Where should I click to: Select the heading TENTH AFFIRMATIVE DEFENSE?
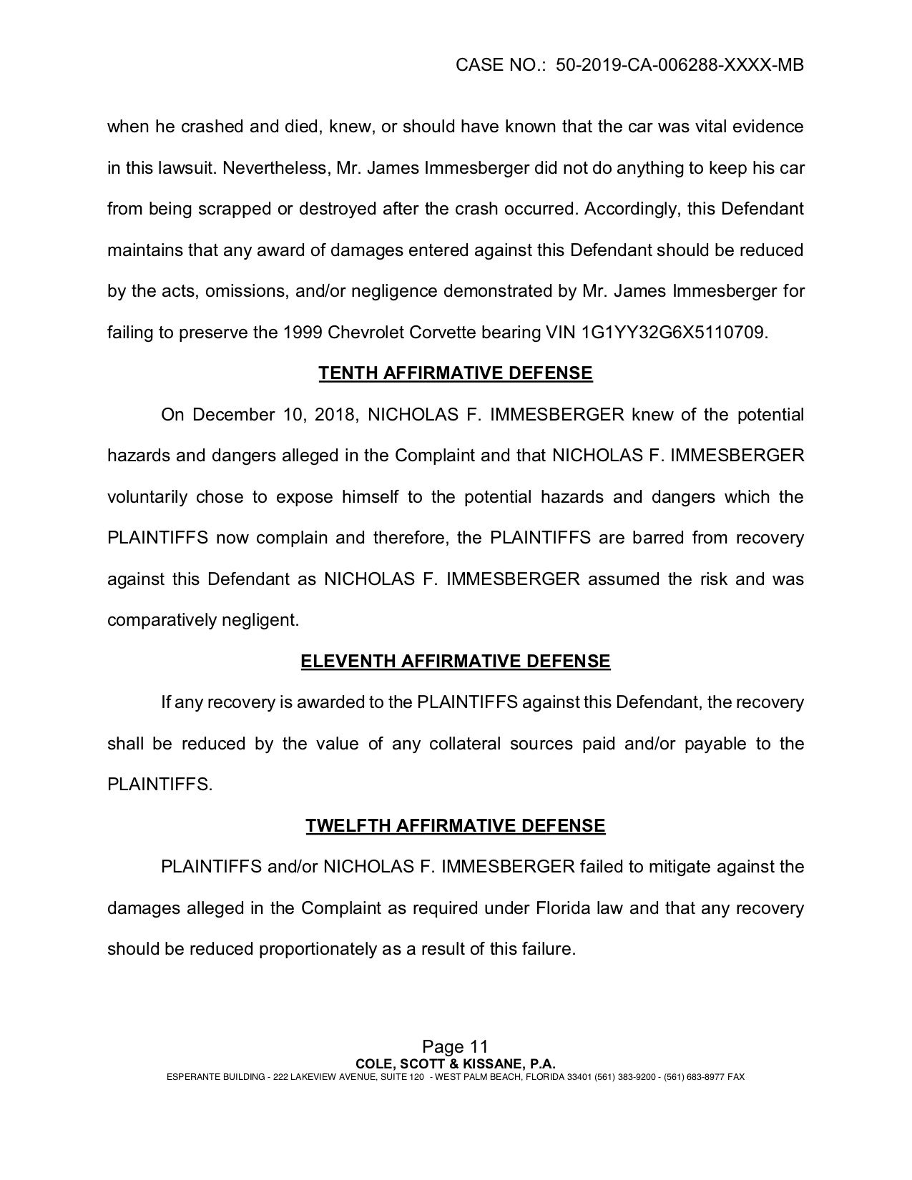[x=456, y=373]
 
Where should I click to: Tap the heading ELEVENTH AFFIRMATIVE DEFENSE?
[x=456, y=661]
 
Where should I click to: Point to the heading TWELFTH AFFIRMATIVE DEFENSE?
[x=456, y=826]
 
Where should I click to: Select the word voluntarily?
[x=147, y=497]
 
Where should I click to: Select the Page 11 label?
[x=455, y=1048]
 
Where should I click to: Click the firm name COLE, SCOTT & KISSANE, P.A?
[x=456, y=1063]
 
